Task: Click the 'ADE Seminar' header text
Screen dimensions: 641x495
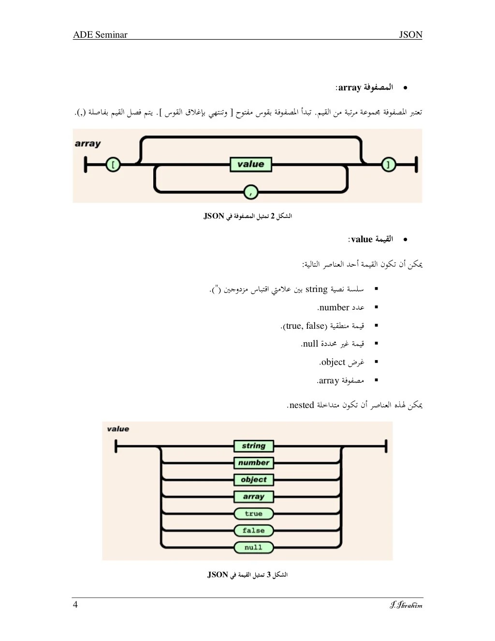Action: click(x=100, y=34)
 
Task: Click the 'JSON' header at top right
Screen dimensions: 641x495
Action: click(x=410, y=34)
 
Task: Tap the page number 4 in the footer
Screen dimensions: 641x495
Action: click(x=75, y=604)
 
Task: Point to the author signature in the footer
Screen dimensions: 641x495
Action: click(x=406, y=605)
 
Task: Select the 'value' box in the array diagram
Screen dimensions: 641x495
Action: click(x=250, y=164)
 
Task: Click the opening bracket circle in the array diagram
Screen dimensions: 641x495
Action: click(x=113, y=165)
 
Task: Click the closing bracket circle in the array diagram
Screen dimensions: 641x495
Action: click(x=388, y=165)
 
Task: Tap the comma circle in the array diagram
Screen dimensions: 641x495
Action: click(x=250, y=192)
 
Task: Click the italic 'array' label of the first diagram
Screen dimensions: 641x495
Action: click(x=88, y=144)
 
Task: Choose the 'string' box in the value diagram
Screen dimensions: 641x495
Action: click(x=254, y=446)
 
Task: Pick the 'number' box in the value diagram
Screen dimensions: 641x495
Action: click(x=254, y=463)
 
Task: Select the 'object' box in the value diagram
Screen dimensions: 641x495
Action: click(x=254, y=480)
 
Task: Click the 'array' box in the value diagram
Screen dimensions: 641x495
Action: click(x=254, y=496)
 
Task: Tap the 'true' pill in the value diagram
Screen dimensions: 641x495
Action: click(x=254, y=513)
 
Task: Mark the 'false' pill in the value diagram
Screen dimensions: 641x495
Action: click(x=254, y=530)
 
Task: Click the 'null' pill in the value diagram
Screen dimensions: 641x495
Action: click(x=254, y=547)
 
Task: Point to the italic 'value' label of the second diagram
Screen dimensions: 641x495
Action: click(x=118, y=429)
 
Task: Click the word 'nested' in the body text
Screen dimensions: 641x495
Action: click(x=302, y=405)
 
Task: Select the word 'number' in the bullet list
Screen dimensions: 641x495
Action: click(x=335, y=307)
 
